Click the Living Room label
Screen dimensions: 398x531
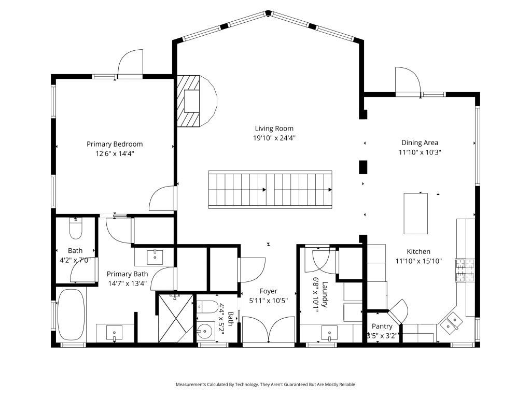[x=274, y=129]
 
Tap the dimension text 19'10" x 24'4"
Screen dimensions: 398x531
[x=274, y=138]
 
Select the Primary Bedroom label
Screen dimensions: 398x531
[x=115, y=144]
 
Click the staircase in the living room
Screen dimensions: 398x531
[x=270, y=190]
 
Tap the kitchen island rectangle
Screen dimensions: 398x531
[x=416, y=213]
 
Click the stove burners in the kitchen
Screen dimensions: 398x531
[x=465, y=270]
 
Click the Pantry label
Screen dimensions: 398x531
[x=382, y=326]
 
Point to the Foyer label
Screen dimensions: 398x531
[x=269, y=291]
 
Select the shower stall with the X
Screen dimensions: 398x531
[x=175, y=317]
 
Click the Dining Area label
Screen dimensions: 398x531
[x=420, y=143]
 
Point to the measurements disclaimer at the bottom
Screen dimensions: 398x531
[x=265, y=385]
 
